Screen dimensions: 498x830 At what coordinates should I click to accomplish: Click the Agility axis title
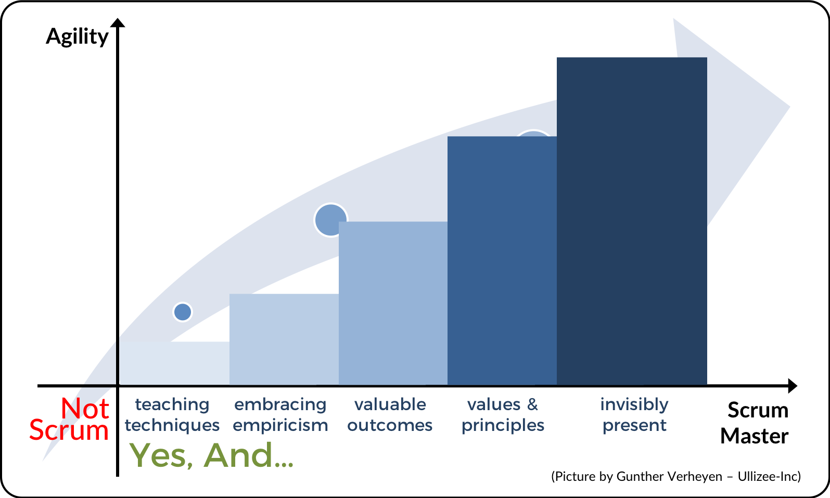pos(77,37)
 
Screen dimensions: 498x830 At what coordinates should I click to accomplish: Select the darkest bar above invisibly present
pos(632,221)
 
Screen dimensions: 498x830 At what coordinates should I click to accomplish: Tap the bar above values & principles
pos(502,260)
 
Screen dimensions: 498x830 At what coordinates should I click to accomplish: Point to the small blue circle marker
pos(183,312)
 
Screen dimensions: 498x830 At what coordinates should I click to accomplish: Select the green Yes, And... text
pos(211,455)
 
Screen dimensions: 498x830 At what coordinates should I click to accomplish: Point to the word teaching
pos(172,404)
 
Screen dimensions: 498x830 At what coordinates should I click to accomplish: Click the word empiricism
pos(280,425)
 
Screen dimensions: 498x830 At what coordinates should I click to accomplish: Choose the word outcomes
pos(390,425)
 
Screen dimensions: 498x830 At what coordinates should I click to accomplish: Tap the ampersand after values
pos(532,404)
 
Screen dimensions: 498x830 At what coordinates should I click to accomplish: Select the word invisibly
pos(634,404)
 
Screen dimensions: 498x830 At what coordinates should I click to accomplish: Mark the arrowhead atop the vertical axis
pos(118,23)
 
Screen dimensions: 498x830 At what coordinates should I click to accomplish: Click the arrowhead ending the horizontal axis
pos(793,386)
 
